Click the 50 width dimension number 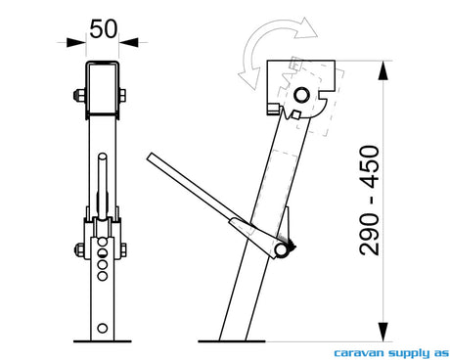point(103,29)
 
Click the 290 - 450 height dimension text point(369,201)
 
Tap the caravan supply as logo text point(391,353)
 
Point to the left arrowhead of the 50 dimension point(76,42)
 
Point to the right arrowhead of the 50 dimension point(129,42)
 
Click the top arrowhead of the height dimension point(383,70)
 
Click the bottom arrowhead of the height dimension point(383,332)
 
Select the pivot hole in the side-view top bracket point(301,95)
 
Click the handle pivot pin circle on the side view point(281,250)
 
